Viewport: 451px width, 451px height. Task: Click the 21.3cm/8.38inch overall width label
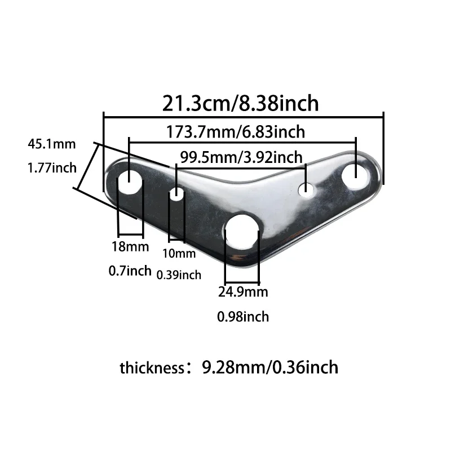coord(241,103)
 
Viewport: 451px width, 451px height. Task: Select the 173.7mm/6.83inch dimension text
coord(236,132)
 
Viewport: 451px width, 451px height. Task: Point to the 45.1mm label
coord(51,144)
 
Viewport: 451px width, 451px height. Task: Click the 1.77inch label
coord(51,167)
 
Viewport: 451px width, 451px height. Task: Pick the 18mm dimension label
coord(130,246)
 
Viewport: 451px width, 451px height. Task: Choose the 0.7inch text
coord(130,271)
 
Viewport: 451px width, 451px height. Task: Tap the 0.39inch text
coord(178,275)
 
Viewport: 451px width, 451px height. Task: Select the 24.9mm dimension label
coord(243,292)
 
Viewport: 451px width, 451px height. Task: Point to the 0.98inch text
coord(243,317)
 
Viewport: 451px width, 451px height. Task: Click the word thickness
coord(151,368)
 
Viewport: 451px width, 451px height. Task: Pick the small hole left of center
coord(177,195)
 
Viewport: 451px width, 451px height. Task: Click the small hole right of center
coord(306,190)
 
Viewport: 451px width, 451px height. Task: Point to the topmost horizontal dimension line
coord(243,117)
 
